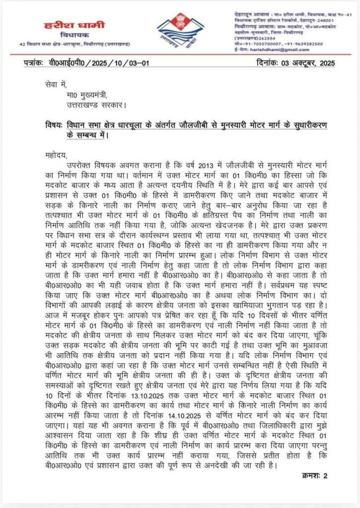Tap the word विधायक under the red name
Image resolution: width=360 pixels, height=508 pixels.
pos(66,37)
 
